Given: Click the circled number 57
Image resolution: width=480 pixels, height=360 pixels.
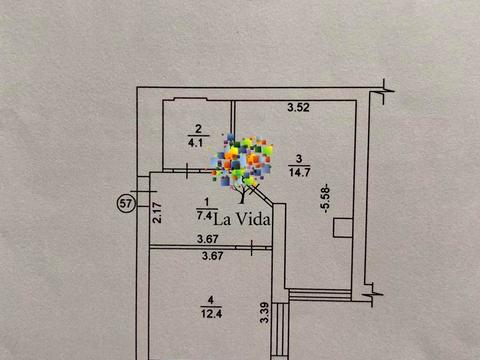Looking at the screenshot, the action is click(x=126, y=203).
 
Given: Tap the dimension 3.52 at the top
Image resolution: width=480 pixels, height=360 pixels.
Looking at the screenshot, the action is click(x=298, y=107).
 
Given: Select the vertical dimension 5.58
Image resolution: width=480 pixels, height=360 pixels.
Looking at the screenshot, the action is click(x=325, y=198).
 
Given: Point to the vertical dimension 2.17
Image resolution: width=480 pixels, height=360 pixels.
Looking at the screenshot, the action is click(x=157, y=213).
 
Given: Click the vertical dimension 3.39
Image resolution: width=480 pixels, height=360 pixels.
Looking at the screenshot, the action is click(x=264, y=312).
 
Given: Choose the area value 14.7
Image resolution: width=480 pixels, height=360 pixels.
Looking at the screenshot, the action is click(x=300, y=172).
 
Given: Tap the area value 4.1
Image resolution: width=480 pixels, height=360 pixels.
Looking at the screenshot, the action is click(x=196, y=143).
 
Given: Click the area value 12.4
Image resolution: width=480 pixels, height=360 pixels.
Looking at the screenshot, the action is click(x=211, y=314).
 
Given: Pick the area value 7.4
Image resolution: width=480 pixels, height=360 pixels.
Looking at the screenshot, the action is click(x=204, y=216).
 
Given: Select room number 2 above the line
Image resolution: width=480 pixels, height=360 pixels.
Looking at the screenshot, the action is click(x=198, y=129).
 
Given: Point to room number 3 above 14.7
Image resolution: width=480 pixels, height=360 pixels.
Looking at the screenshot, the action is click(x=299, y=158).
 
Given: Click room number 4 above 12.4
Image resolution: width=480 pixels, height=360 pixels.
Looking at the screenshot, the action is click(x=211, y=300).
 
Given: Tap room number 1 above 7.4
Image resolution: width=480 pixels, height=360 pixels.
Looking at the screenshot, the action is click(x=206, y=202).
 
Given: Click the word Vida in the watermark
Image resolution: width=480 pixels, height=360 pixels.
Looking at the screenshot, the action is click(x=252, y=219).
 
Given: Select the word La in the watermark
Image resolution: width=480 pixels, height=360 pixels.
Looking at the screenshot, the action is click(x=222, y=220).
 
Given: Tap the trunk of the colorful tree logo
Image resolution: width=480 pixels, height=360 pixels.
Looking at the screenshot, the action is click(x=242, y=193).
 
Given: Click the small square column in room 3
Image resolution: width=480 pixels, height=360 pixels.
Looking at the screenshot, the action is click(x=343, y=228).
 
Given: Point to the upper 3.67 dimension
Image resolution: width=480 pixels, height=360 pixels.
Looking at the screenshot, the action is click(x=207, y=239).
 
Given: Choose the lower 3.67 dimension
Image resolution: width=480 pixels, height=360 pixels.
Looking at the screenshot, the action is click(x=213, y=256).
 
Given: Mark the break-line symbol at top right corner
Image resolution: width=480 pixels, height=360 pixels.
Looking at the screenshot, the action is click(x=384, y=91).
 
